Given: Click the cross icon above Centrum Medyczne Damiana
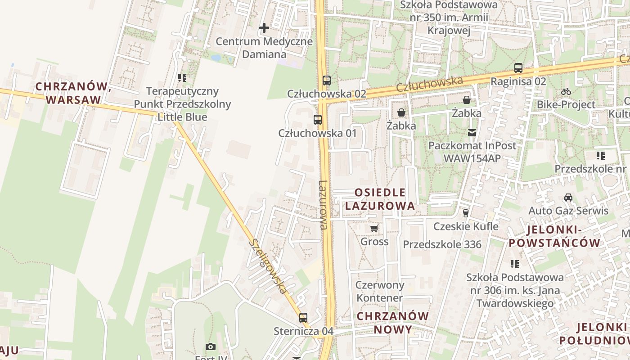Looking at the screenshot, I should coord(264,28).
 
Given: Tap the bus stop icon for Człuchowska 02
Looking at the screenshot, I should coord(327,81).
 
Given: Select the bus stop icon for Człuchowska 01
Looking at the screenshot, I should coord(318,120).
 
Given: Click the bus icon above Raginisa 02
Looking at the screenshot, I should coord(518,68).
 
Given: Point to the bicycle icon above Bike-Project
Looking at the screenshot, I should coord(566,91).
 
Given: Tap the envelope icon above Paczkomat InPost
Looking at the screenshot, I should coord(472,133).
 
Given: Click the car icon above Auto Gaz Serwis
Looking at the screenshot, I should coord(568,198).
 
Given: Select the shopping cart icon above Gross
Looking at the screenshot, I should coord(374,229).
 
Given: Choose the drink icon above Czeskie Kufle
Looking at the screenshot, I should coord(466,213).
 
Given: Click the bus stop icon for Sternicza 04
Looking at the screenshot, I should coord(303,318).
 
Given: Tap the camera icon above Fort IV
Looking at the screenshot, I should coord(210,346).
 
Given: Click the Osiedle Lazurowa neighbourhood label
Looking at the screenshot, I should coord(380,199).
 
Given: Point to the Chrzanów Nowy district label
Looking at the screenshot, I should coord(393,323).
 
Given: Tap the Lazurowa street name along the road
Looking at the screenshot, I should coord(323,205).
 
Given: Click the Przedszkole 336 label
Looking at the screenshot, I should coord(442,244).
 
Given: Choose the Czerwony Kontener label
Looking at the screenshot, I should coord(380,291).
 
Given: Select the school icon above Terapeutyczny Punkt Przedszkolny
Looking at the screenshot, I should coord(182,78).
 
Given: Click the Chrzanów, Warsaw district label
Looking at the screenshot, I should coord(73,93).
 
